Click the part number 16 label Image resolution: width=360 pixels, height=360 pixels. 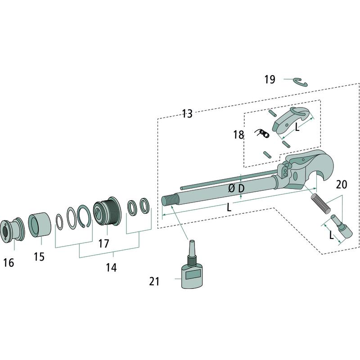tap(9, 263)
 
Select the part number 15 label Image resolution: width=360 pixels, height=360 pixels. tap(39, 256)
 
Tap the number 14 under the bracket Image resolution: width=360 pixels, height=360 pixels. tap(111, 267)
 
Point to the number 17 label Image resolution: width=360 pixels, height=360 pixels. tap(103, 243)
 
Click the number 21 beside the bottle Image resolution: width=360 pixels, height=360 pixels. tap(154, 281)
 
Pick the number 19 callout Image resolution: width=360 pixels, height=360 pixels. tap(270, 80)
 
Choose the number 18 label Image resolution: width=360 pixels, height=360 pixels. tap(238, 135)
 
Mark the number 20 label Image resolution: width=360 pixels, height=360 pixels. tap(342, 184)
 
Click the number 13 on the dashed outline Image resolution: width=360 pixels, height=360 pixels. tap(187, 114)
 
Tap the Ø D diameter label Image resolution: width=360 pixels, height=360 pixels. tap(237, 189)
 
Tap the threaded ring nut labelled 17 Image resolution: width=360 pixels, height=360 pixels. tap(108, 211)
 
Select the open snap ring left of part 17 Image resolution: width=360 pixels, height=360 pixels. tap(84, 216)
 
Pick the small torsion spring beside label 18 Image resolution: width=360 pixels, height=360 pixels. tap(262, 133)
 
